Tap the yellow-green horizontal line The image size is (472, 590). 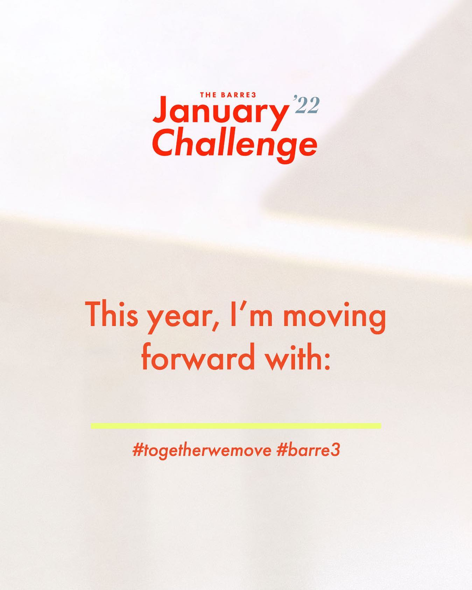(x=236, y=426)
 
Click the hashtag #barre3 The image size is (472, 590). (x=308, y=450)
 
